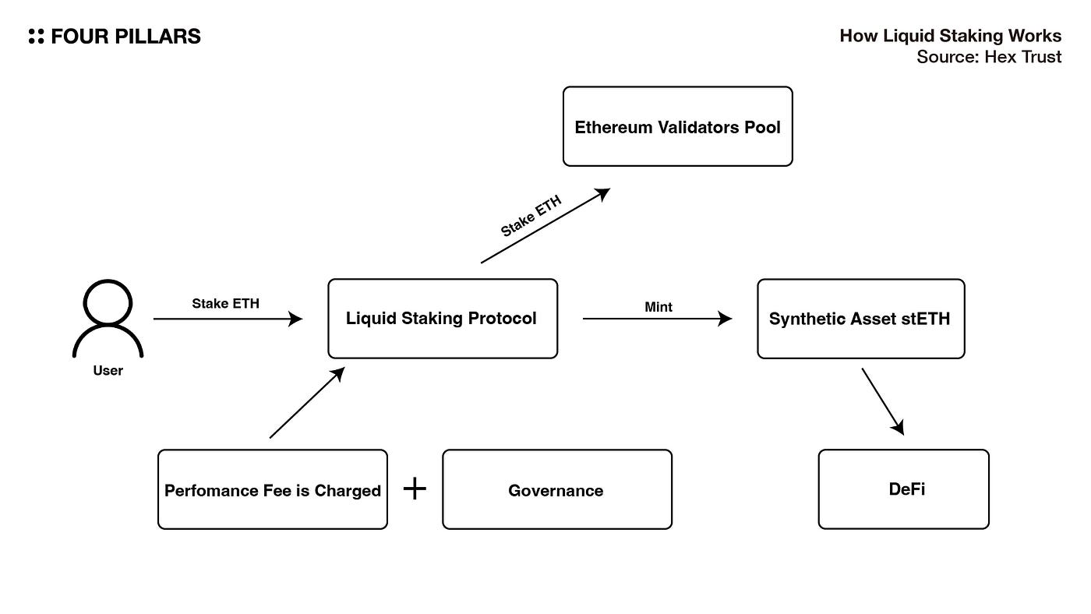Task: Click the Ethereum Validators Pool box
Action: (x=677, y=126)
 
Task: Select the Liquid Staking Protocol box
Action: (x=443, y=319)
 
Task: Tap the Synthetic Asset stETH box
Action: (x=860, y=319)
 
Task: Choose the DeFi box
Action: (x=903, y=489)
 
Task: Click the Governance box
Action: (x=557, y=489)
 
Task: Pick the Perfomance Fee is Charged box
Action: (x=273, y=489)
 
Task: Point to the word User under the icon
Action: (x=108, y=371)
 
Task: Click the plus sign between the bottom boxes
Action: (x=415, y=489)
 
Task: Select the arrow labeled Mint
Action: (x=657, y=319)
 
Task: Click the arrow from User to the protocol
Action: (x=228, y=319)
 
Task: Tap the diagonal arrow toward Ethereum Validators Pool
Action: (x=545, y=225)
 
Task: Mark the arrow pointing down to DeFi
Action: (x=883, y=402)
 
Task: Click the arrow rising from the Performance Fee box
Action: (x=307, y=403)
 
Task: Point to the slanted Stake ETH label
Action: (x=531, y=215)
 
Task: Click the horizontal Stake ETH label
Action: (x=225, y=303)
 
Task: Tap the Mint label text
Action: (x=658, y=307)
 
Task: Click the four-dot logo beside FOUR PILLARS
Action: (x=36, y=36)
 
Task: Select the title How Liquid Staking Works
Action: (x=950, y=36)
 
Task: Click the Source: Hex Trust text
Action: (x=989, y=57)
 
